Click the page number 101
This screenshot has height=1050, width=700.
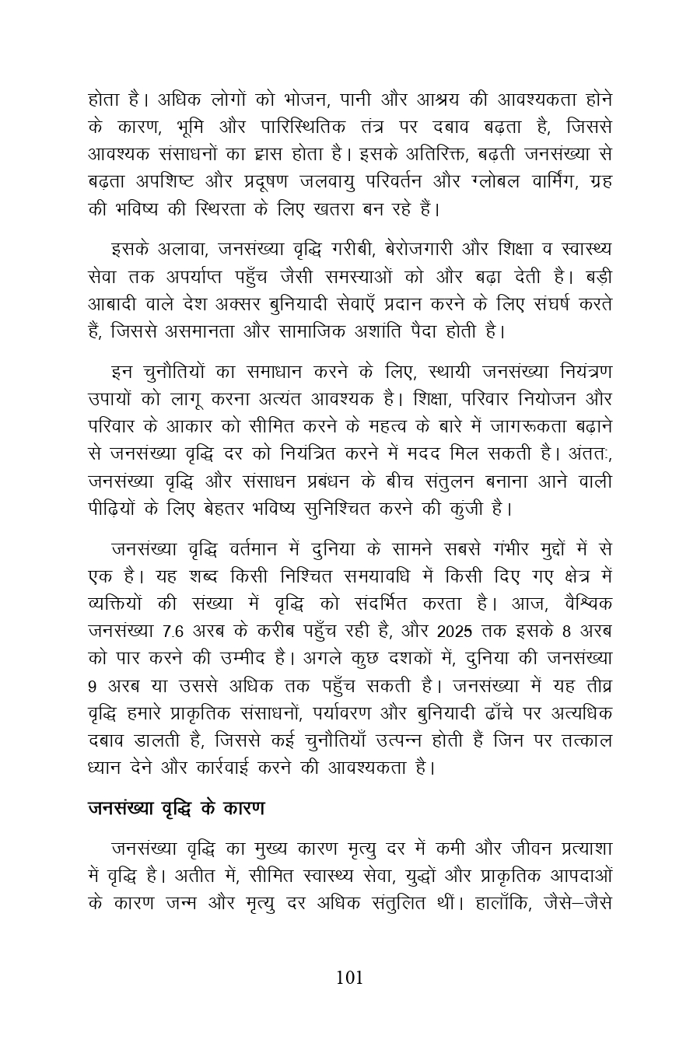(349, 978)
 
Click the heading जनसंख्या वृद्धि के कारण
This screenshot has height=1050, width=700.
(176, 808)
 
